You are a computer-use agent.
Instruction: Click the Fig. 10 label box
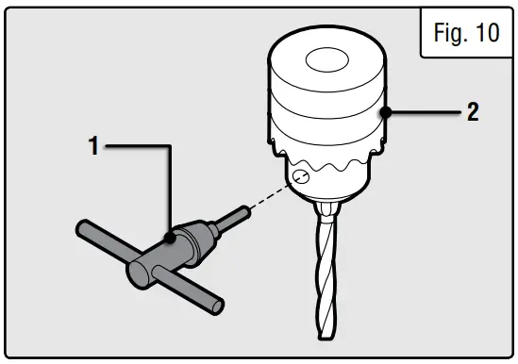(x=464, y=34)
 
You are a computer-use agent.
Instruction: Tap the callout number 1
(x=93, y=147)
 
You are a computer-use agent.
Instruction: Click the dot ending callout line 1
(x=171, y=239)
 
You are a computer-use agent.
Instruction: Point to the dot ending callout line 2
(x=386, y=113)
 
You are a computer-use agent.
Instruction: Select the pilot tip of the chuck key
(x=242, y=213)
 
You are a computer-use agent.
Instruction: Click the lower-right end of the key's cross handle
(x=218, y=306)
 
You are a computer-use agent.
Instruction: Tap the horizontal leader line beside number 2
(x=425, y=113)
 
